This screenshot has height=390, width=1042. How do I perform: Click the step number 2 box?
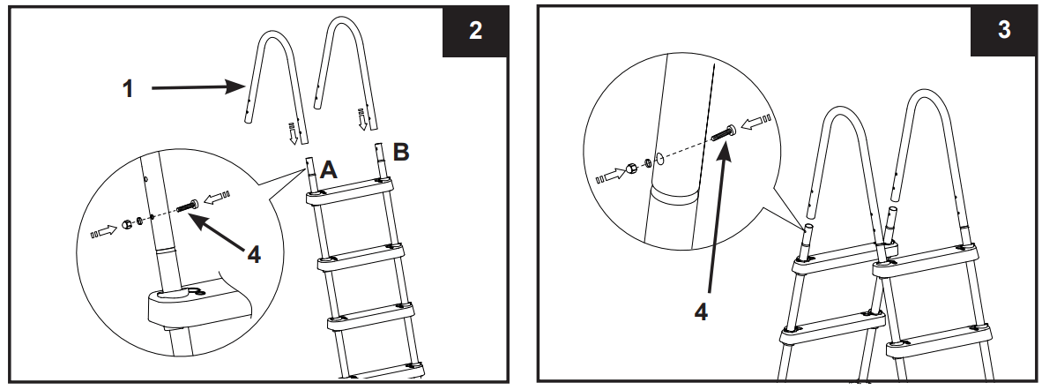pos(475,32)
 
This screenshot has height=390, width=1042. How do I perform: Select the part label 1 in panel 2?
pos(129,89)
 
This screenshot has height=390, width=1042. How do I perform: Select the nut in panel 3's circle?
pos(631,167)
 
